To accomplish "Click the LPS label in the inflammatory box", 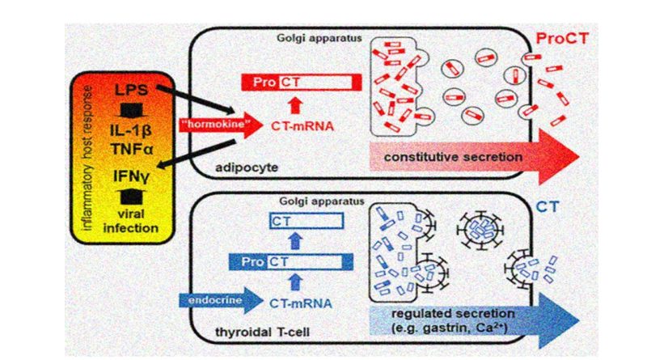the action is point(131,90).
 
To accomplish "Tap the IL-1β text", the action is point(131,131).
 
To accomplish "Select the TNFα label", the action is point(132,149).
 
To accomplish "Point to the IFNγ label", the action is point(131,176).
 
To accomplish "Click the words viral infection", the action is point(131,221).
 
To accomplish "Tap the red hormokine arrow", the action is point(221,125).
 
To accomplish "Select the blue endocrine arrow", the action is point(221,301).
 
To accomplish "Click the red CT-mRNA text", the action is point(302,126).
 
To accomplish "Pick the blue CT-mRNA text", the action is point(300,303).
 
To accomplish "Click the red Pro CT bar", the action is point(301,83).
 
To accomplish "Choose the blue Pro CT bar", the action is point(291,262).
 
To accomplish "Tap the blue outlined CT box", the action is point(307,222).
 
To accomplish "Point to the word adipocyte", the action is point(247,167).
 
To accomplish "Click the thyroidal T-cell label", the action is point(262,332).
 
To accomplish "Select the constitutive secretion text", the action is point(453,157).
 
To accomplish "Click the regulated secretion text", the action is point(453,313).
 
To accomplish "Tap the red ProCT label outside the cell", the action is point(562,39).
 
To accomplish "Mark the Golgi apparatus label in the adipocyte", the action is point(319,38).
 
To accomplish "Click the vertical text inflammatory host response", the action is point(88,158).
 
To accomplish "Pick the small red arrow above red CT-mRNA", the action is point(294,105).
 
